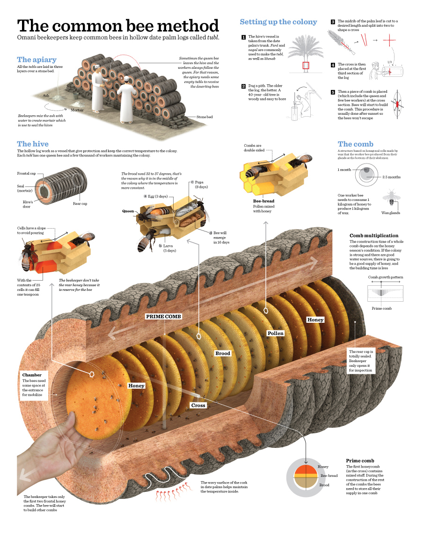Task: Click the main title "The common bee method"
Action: (x=118, y=26)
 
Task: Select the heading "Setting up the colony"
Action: (x=278, y=22)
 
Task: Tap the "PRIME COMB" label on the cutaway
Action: (x=163, y=317)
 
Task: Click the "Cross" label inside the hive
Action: (x=198, y=405)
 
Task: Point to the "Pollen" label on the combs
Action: (x=275, y=333)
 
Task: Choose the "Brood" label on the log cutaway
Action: (x=223, y=353)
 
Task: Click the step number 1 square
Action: (x=243, y=37)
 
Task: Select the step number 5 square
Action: (x=333, y=92)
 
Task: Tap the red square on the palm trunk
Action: (x=306, y=66)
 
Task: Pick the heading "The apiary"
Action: (x=37, y=59)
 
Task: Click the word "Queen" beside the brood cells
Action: (x=128, y=211)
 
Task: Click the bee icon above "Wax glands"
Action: (x=391, y=199)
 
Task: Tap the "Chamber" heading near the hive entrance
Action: (x=32, y=375)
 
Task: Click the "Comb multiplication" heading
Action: (x=374, y=236)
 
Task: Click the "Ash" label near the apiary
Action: (x=46, y=96)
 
